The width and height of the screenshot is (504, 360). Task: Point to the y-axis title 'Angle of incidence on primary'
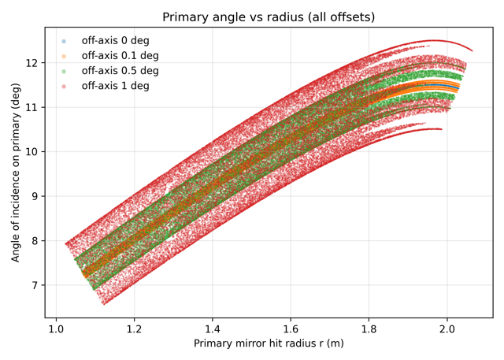coord(16,173)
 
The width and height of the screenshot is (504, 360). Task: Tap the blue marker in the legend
coord(65,41)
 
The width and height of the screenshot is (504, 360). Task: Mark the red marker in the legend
coord(65,86)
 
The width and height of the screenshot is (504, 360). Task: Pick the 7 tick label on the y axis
coord(35,285)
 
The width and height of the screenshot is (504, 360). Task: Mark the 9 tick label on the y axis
coord(35,196)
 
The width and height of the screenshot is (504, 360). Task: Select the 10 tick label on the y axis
coord(31,151)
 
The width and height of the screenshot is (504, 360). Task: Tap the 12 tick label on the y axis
coord(31,62)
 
